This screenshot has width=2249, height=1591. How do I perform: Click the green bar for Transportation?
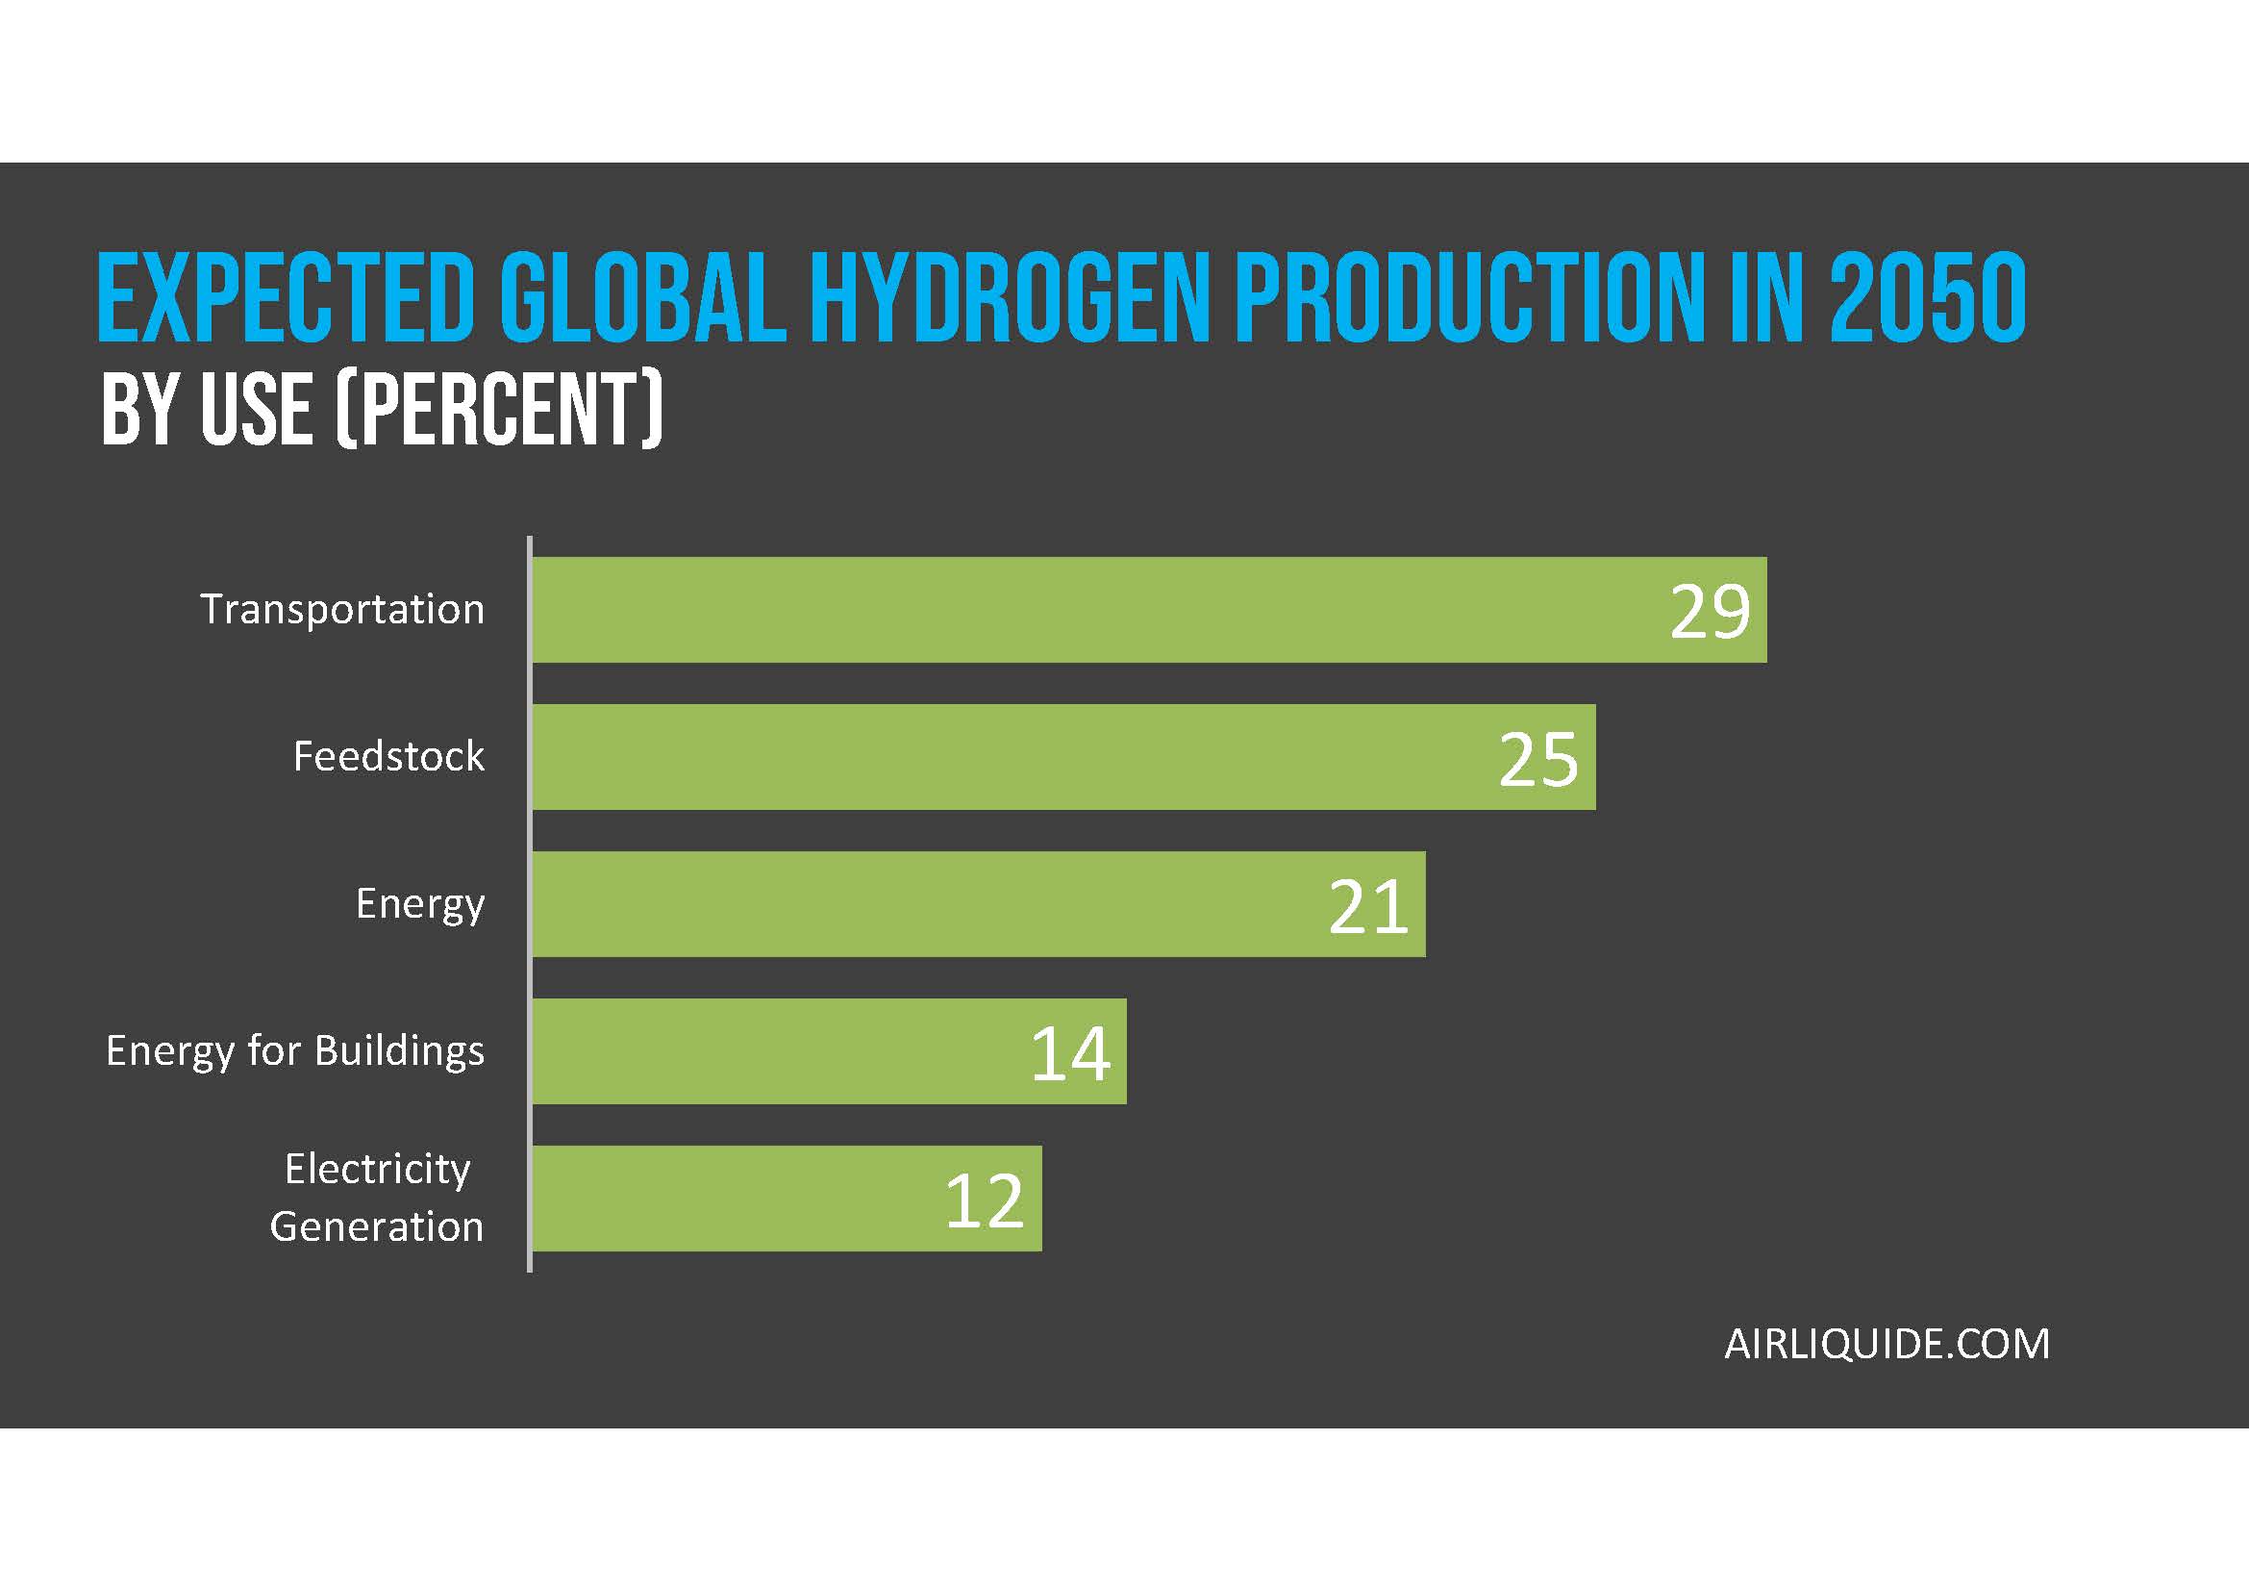[x=1078, y=609]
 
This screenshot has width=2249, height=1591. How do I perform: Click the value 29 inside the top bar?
[x=1710, y=613]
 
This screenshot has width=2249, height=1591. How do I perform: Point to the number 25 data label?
[x=1537, y=759]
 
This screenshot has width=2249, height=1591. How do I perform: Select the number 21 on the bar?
[x=1367, y=906]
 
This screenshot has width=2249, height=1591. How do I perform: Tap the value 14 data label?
[x=1069, y=1054]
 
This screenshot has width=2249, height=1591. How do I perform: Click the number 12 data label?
[x=984, y=1201]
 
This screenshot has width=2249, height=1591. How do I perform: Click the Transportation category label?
[x=342, y=609]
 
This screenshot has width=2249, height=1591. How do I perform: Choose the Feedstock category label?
[x=387, y=756]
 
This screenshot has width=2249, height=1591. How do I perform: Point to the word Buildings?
[x=400, y=1051]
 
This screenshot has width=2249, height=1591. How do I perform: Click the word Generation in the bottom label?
[x=376, y=1226]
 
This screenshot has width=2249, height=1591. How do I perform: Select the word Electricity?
[x=377, y=1169]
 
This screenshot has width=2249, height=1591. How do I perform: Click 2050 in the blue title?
[x=1927, y=298]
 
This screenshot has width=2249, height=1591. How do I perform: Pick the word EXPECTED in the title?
[x=286, y=298]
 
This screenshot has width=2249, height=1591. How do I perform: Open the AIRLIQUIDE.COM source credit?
[x=1887, y=1343]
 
